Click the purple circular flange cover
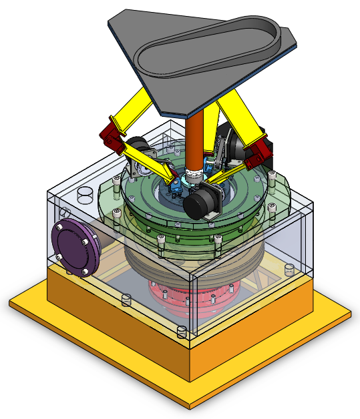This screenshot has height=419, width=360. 75,247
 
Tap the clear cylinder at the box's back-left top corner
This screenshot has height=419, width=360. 85,194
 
